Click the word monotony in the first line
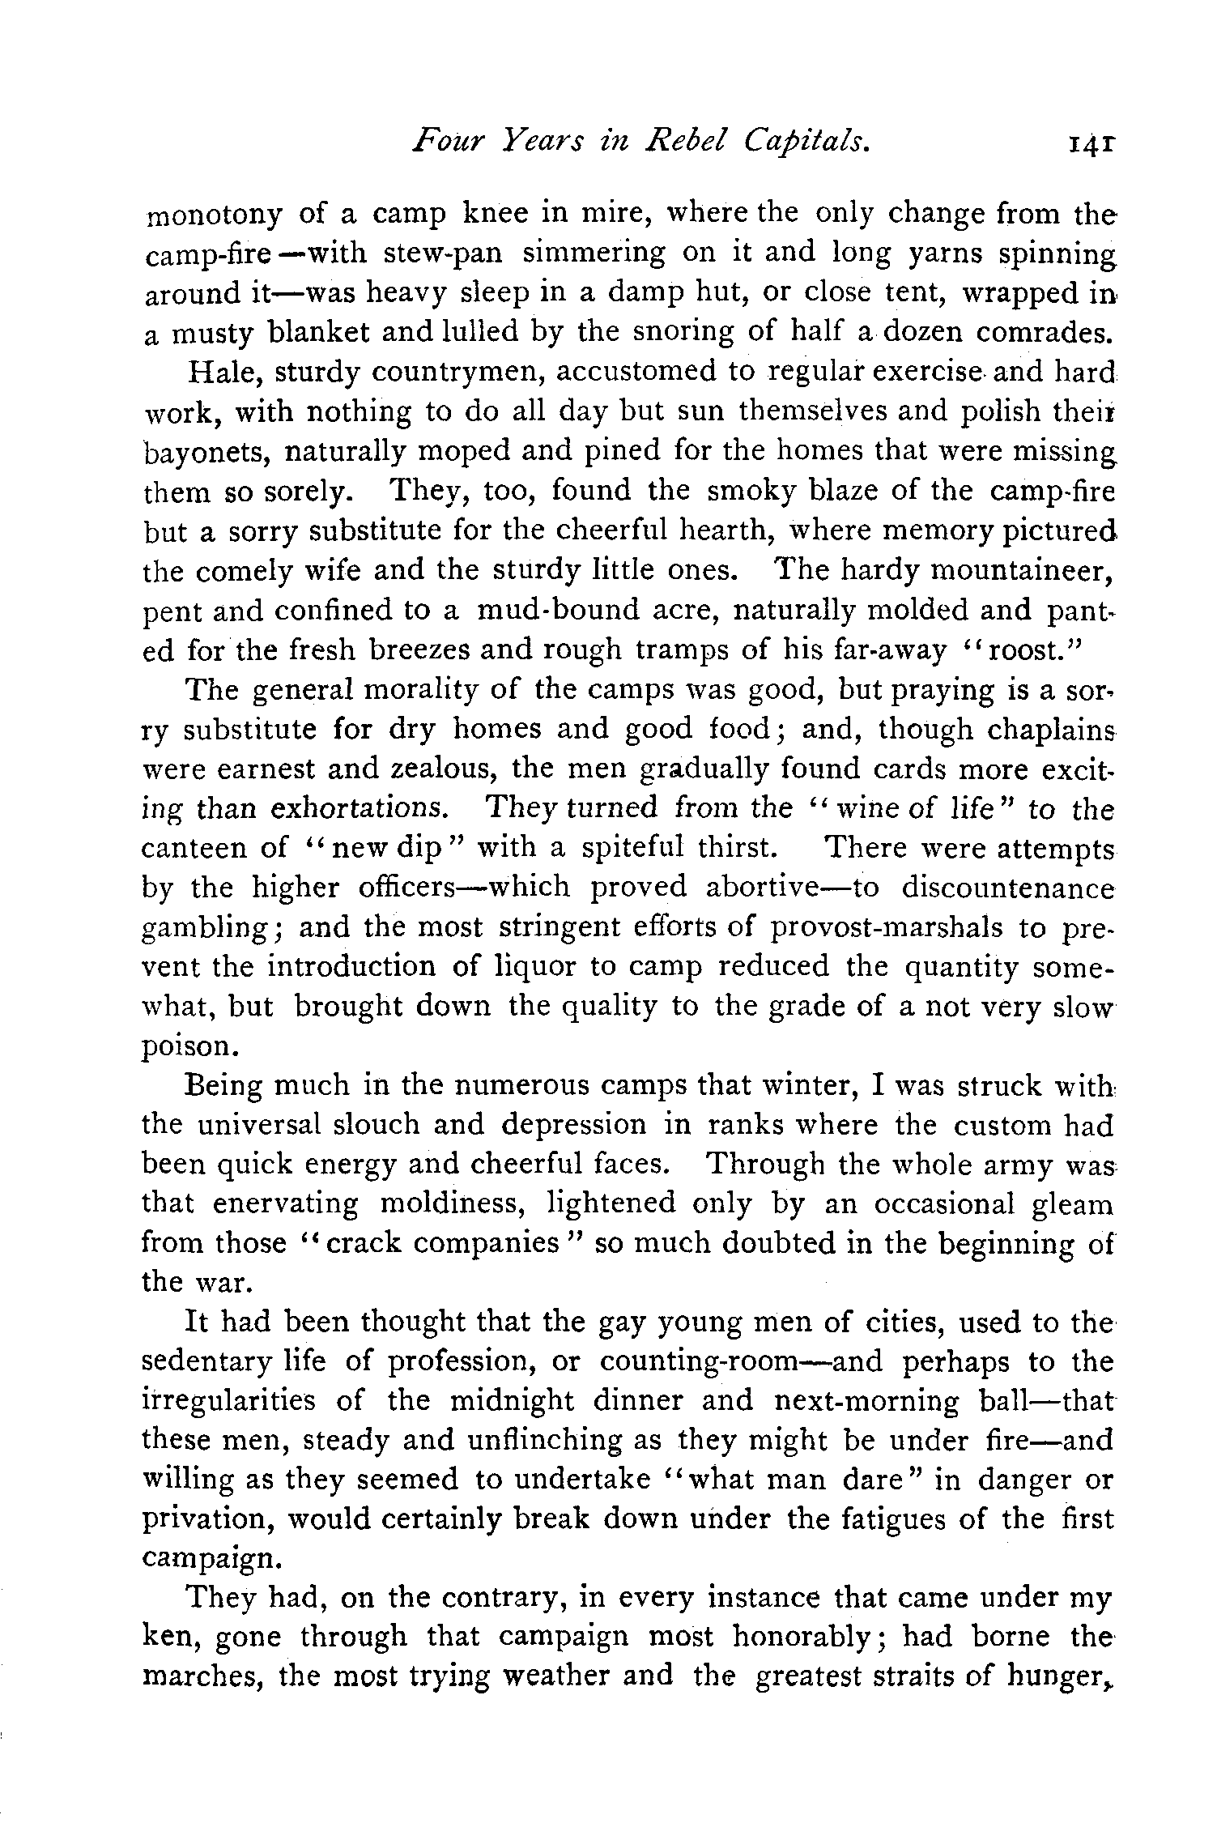pos(213,215)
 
